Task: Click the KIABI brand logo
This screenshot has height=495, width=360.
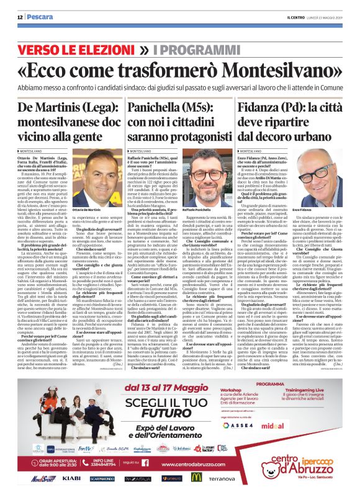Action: pyautogui.click(x=71, y=479)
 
